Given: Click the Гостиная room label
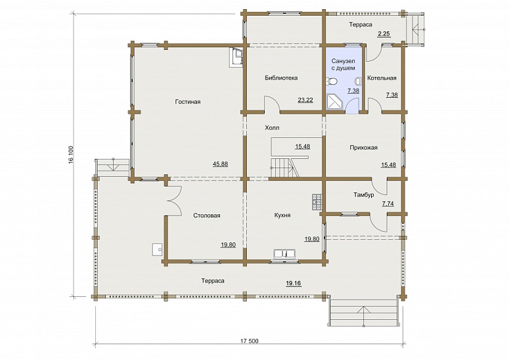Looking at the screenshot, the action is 188,102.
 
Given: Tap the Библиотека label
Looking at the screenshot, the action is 281,78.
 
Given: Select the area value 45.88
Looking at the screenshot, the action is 220,164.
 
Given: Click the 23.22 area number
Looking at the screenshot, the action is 305,100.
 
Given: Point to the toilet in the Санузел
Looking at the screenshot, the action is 332,81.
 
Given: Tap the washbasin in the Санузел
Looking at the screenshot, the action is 358,81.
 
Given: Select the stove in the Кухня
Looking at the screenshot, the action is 317,202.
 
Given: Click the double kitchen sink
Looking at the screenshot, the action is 284,253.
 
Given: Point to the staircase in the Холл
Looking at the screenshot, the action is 284,167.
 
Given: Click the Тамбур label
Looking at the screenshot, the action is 364,194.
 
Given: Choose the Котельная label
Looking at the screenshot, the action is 382,78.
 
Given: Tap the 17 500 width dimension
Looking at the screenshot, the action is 250,341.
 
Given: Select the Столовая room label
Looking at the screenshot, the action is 207,215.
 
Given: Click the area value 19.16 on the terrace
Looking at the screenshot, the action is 294,283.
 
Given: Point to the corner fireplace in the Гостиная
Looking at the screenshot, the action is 236,57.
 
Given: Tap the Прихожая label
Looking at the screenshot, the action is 364,148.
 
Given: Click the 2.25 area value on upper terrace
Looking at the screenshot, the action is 384,34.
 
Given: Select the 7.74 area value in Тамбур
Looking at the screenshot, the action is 388,204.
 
